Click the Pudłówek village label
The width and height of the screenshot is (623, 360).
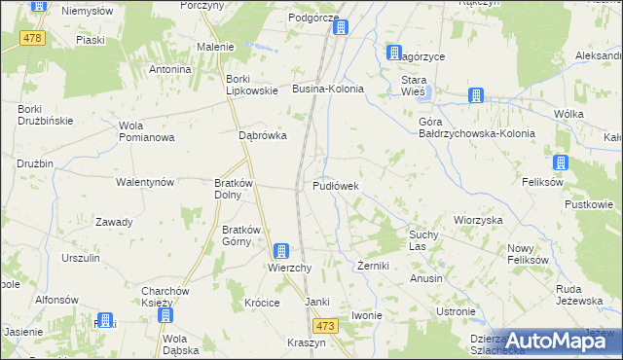pos(337,186)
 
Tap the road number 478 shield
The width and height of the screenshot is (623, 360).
pos(34,38)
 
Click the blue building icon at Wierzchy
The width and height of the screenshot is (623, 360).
pos(280,251)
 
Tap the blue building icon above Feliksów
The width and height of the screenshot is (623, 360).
pos(561,163)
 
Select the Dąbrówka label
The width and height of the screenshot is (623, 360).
pos(263,136)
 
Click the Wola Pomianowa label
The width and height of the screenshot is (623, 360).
pos(146,131)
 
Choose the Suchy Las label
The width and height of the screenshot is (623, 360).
pos(424,240)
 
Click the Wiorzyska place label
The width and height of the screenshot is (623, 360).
pos(478,220)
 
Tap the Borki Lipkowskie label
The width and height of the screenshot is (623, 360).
pos(252,85)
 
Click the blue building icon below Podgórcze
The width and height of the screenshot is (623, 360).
pos(340,28)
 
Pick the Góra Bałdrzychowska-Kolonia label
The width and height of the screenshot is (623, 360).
pos(477,127)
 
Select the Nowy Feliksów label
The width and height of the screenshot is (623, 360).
pos(528,255)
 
